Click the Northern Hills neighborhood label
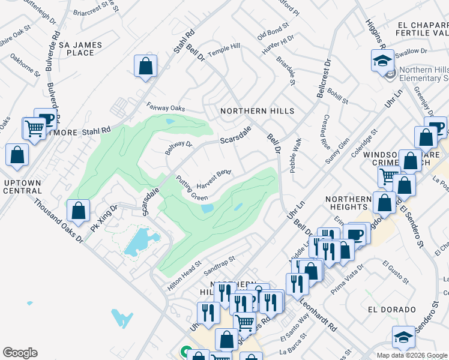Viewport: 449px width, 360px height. tap(257, 111)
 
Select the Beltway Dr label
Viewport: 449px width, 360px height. tap(179, 147)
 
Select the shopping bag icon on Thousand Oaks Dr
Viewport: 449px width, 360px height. tap(78, 211)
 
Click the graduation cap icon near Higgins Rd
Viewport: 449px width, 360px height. tap(382, 61)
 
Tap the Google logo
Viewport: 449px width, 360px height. tap(20, 353)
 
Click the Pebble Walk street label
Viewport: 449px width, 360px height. tap(295, 155)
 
